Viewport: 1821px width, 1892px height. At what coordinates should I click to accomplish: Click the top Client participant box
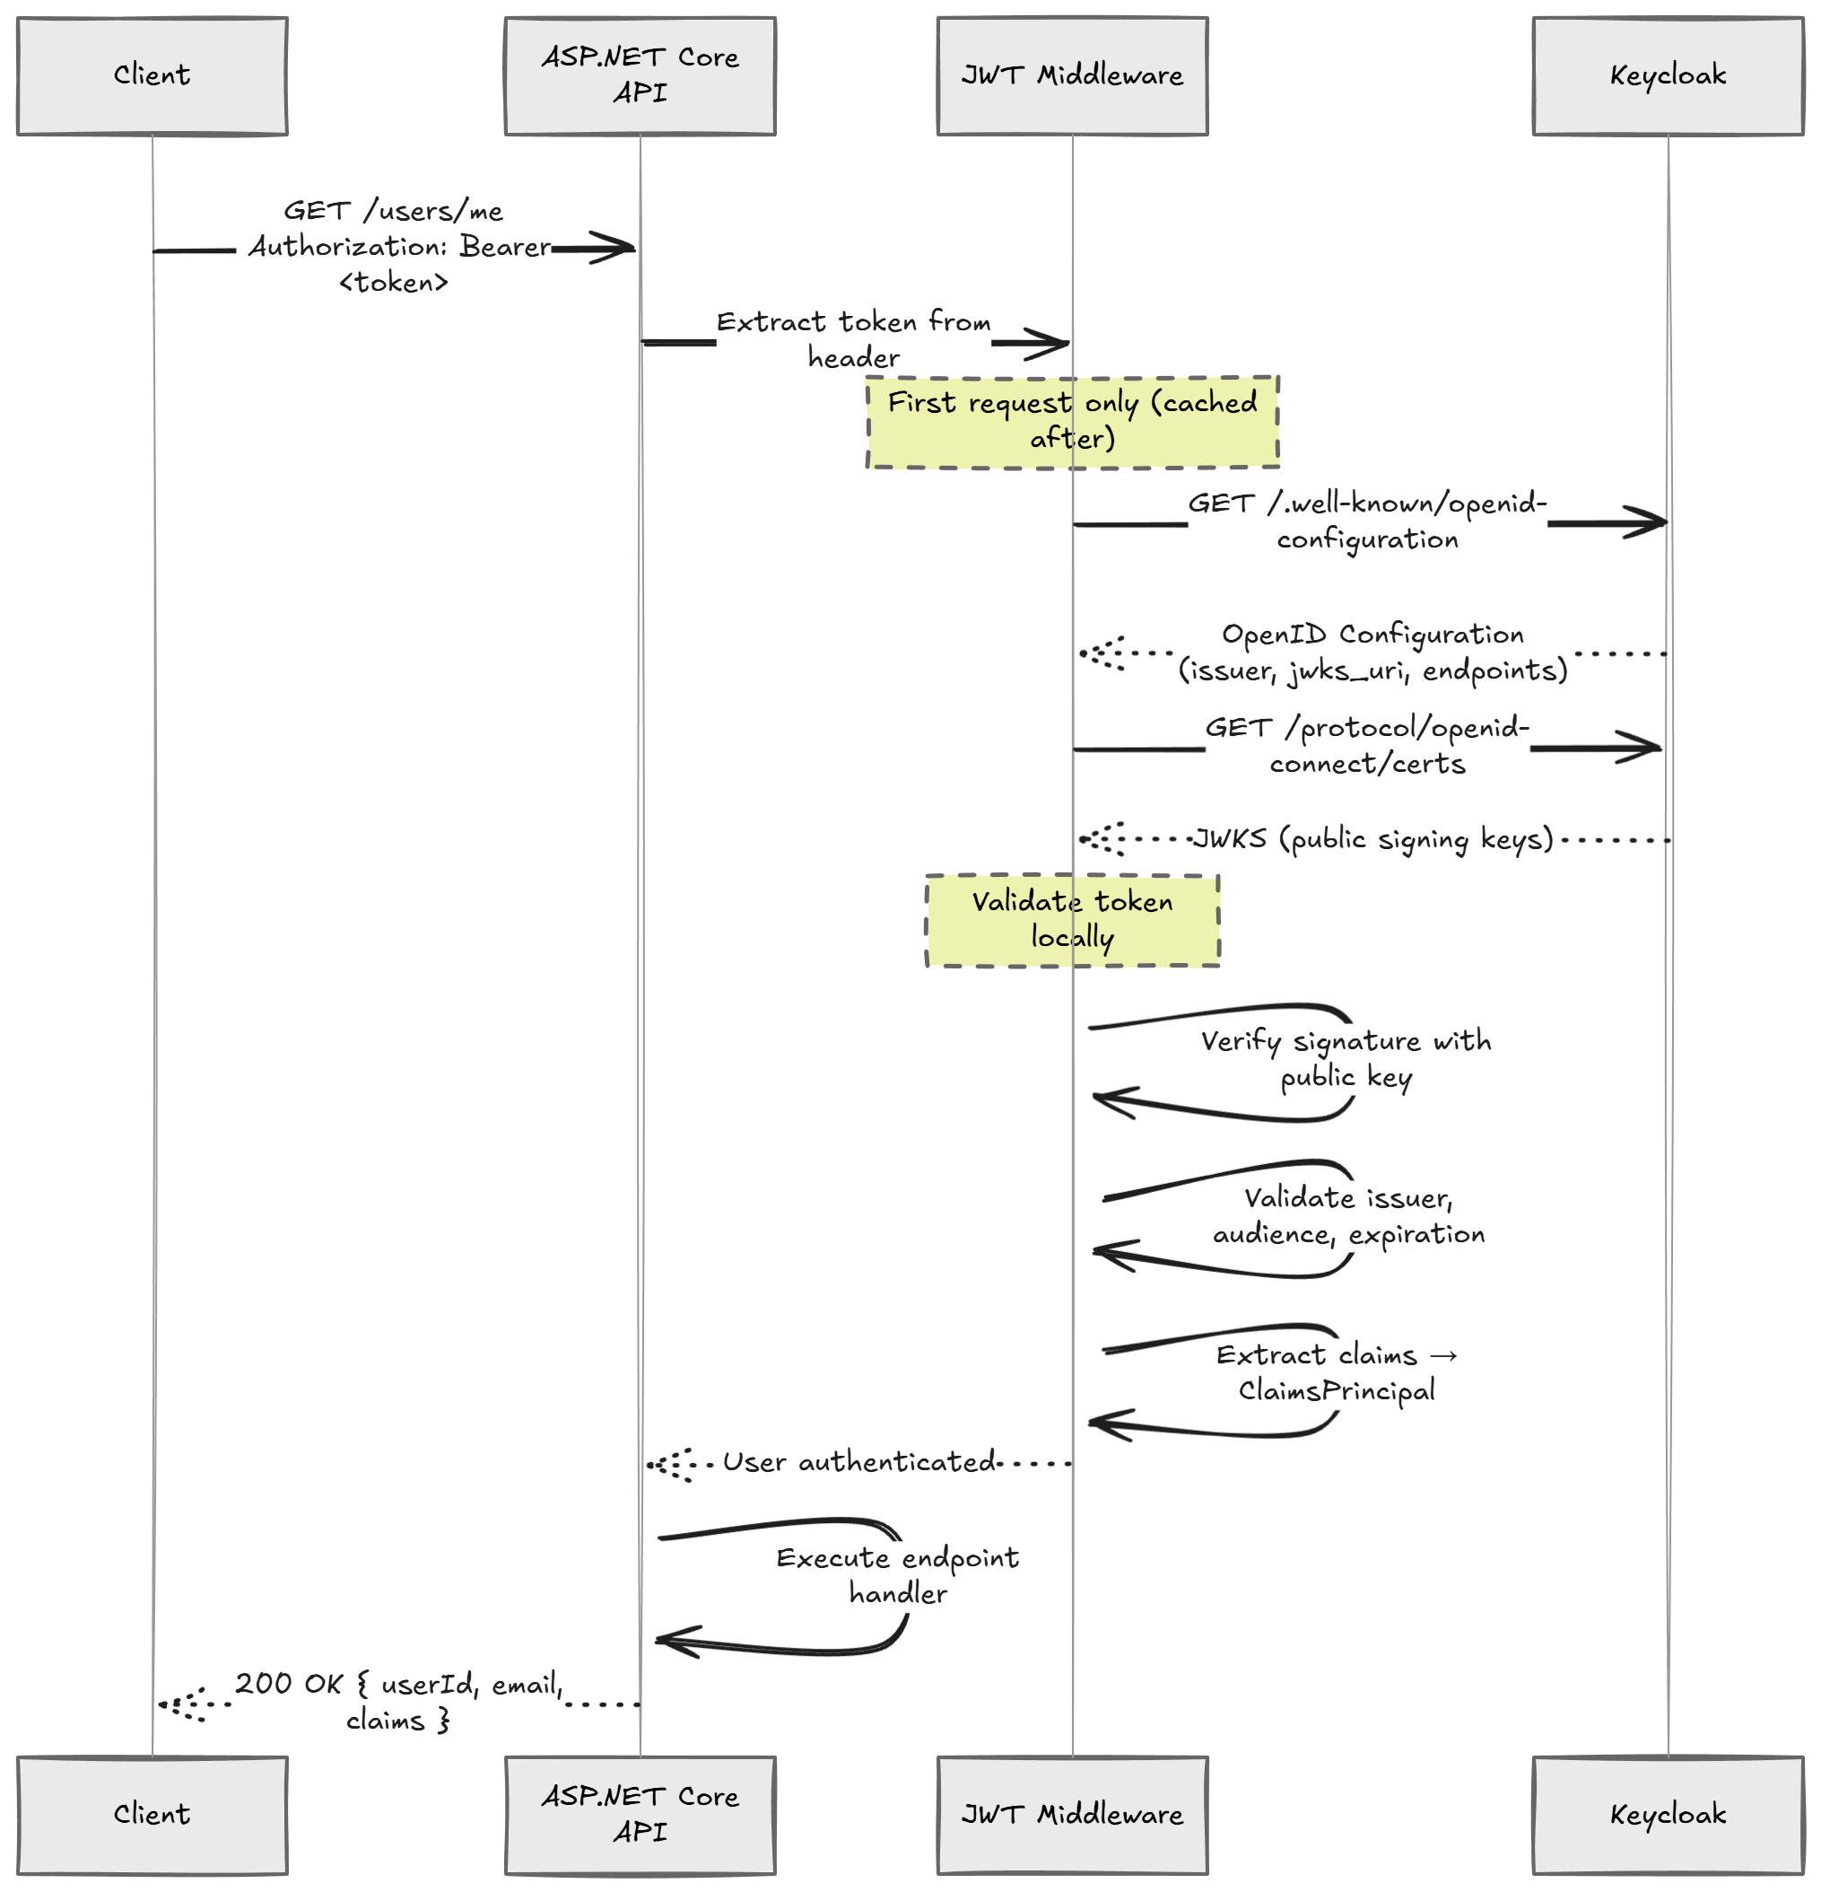[152, 75]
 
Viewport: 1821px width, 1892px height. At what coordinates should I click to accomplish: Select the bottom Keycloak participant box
[1667, 1814]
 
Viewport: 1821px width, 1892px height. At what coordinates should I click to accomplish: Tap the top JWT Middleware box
[1071, 75]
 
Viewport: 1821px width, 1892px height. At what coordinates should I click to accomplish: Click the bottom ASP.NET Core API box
[639, 1814]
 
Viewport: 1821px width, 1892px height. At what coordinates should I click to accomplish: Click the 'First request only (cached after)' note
[1071, 421]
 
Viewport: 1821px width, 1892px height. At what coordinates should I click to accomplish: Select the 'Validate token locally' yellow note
[1071, 919]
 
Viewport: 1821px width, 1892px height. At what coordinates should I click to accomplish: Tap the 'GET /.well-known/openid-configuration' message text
[1366, 521]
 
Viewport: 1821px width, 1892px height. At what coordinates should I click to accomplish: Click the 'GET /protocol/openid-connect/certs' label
[1366, 745]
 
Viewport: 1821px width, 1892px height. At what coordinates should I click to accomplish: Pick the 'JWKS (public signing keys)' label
[1372, 838]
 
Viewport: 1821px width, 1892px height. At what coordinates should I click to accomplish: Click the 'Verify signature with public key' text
[1346, 1058]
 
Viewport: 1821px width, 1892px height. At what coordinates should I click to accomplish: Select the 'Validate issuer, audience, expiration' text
[1347, 1215]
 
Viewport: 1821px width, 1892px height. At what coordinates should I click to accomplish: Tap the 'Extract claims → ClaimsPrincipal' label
[1336, 1371]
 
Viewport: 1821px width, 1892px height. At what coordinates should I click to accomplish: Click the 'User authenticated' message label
[858, 1461]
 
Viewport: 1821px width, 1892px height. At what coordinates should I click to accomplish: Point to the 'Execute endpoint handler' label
[896, 1574]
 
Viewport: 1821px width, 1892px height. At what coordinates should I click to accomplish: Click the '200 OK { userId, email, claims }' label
[397, 1702]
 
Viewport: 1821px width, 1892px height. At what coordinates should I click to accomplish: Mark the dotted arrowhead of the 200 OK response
[177, 1704]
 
